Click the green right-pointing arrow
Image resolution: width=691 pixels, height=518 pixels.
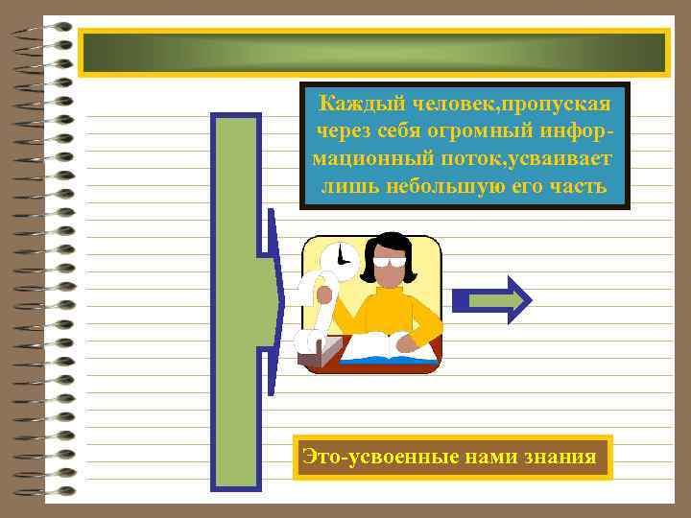point(492,301)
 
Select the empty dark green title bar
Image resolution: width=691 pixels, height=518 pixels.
point(373,53)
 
